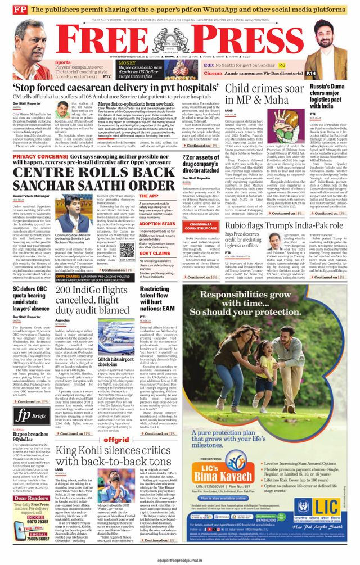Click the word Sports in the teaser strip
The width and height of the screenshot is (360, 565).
click(63, 62)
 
